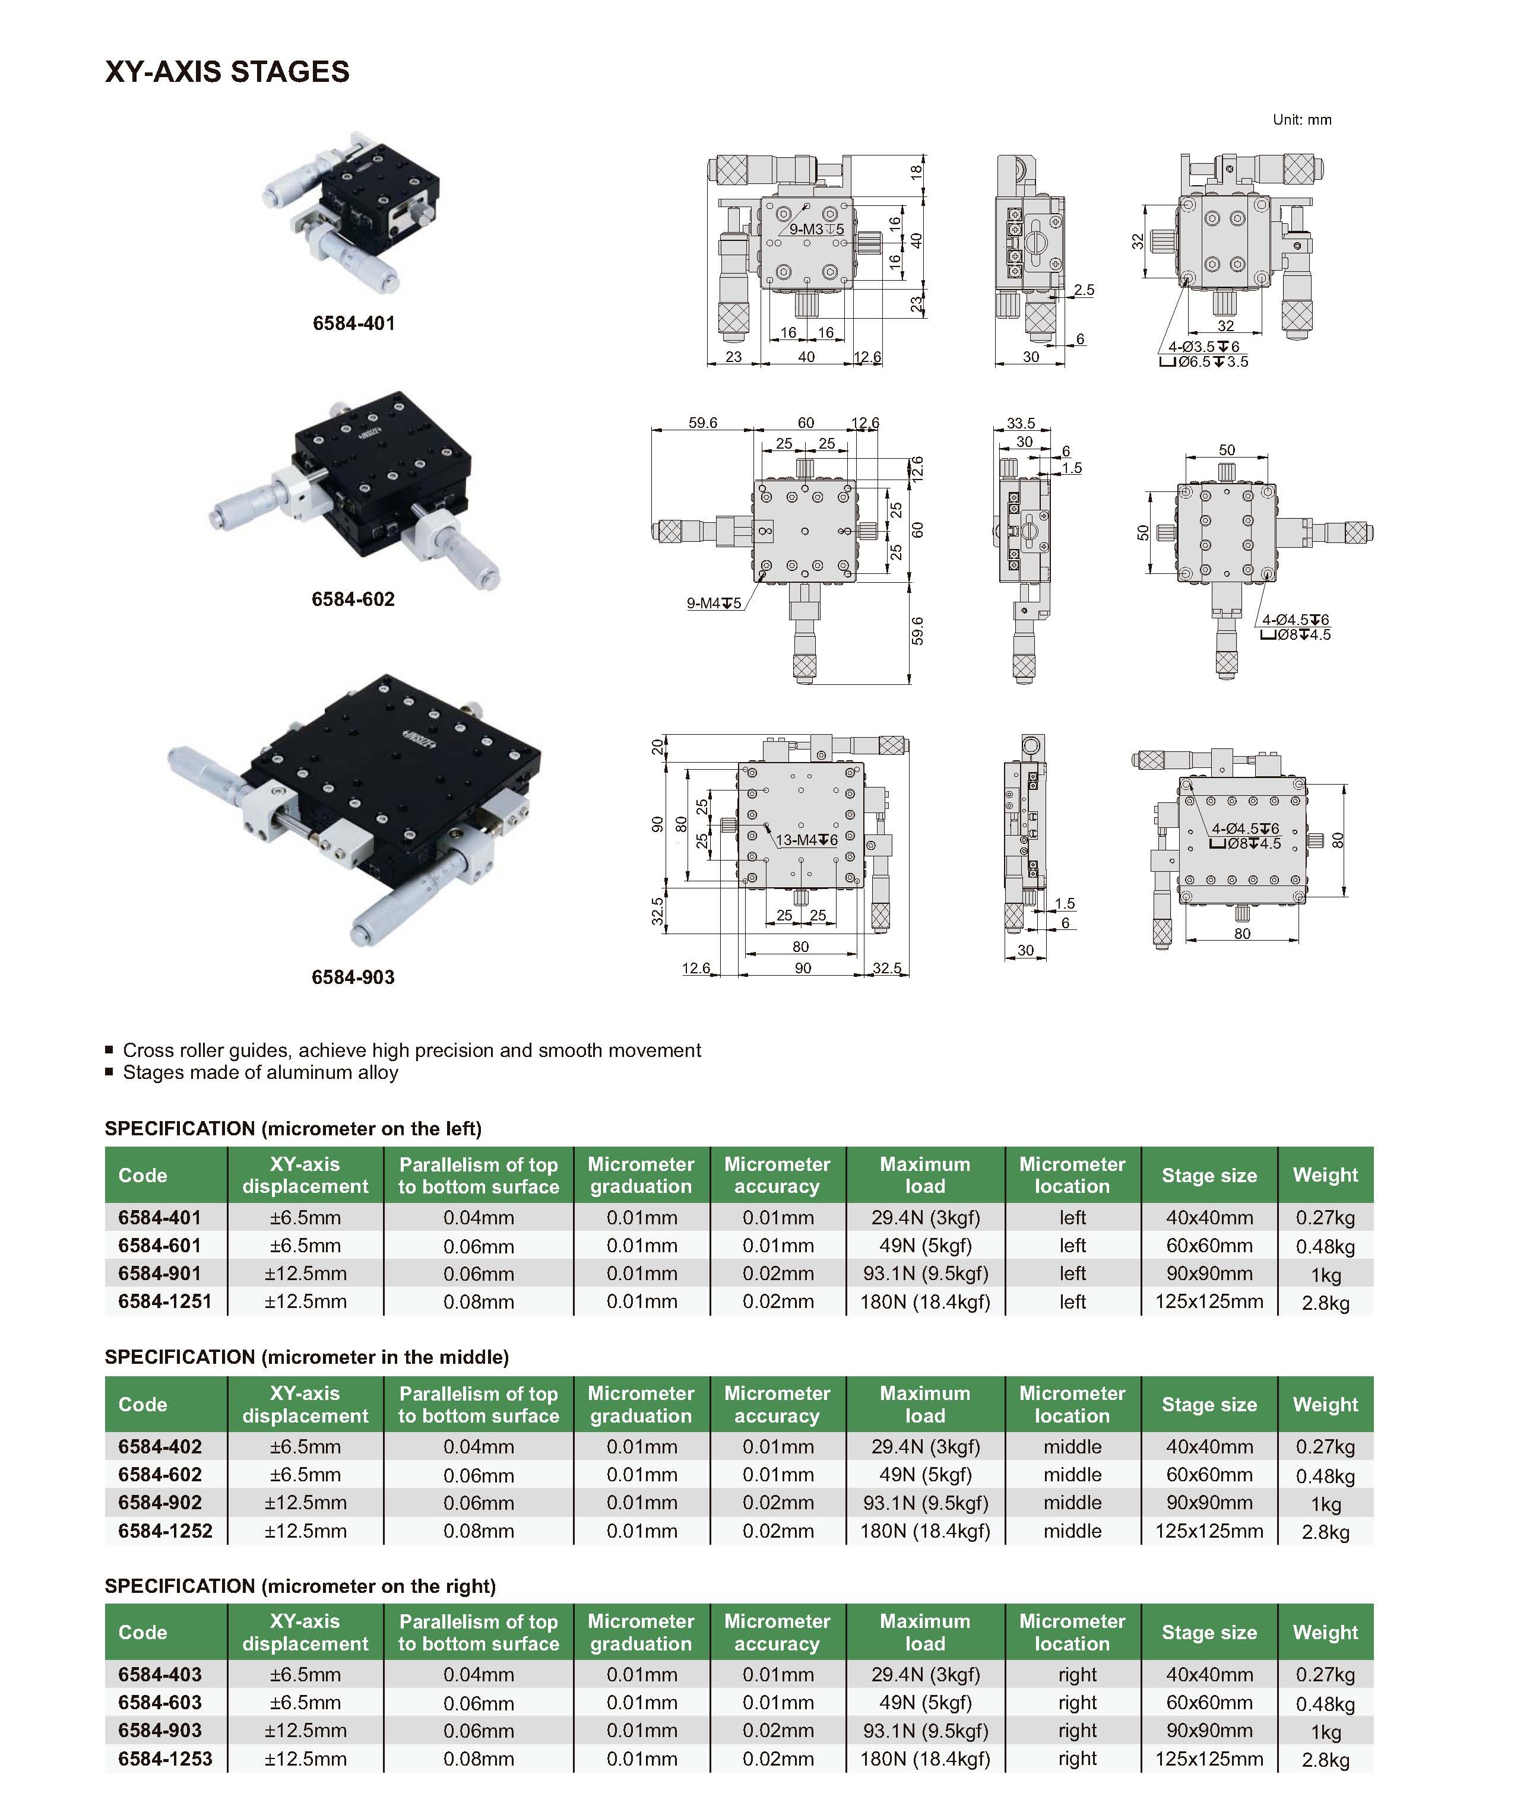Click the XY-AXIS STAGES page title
[x=227, y=72]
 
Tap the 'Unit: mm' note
[x=1301, y=119]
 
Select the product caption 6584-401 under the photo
[x=354, y=323]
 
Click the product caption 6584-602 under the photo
[x=353, y=599]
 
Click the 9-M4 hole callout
[x=713, y=603]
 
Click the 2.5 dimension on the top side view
[x=1084, y=290]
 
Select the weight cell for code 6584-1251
[x=1325, y=1303]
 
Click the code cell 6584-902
[x=160, y=1503]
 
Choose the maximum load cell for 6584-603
[x=924, y=1702]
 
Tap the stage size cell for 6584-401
[x=1209, y=1218]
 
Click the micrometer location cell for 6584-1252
[x=1072, y=1531]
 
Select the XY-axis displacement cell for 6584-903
[x=305, y=1731]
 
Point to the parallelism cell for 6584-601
[x=479, y=1246]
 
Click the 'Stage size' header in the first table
[x=1209, y=1176]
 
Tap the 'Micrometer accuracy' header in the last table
[x=777, y=1632]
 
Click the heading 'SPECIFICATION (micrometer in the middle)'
[x=307, y=1357]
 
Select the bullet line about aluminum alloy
[x=260, y=1072]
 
